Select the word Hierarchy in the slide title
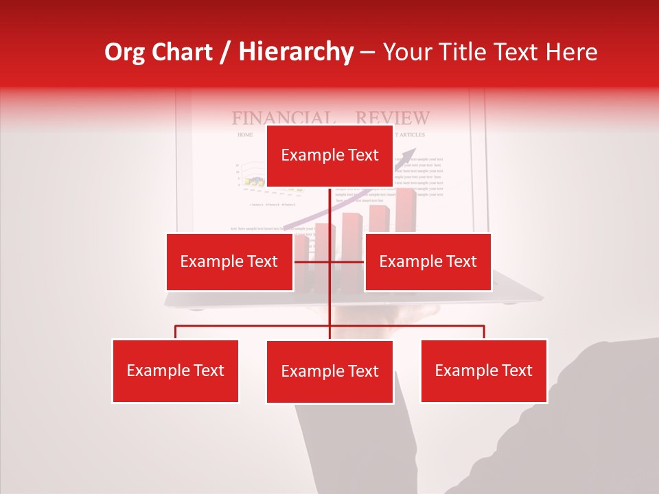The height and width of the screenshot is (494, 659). [296, 53]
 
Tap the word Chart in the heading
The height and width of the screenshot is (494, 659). [187, 52]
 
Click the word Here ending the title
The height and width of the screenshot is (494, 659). [572, 52]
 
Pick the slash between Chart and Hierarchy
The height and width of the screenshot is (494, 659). [225, 53]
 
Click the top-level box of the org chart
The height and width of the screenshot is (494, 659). [329, 155]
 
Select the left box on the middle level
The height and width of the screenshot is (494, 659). [229, 261]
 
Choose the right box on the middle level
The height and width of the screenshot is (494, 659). [428, 261]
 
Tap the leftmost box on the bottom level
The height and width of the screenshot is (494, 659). [175, 370]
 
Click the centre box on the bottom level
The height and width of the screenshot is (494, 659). [329, 371]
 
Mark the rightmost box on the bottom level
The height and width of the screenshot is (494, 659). [483, 370]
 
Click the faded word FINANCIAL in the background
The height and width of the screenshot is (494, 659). [283, 118]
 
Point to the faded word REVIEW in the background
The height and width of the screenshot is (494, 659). [393, 118]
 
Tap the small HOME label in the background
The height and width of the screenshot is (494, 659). [245, 135]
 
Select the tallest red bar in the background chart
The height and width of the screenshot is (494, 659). [406, 209]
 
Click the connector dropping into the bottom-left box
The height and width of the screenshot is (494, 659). [175, 332]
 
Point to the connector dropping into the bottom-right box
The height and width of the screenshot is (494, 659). [484, 332]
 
